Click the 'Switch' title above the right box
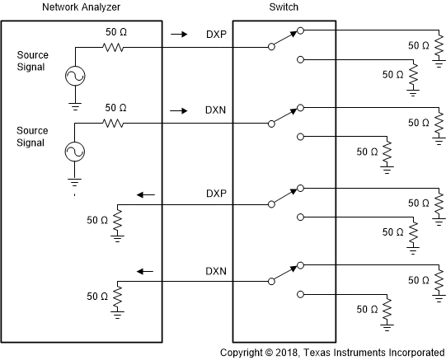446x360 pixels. [x=280, y=7]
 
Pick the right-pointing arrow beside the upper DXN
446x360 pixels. [x=176, y=110]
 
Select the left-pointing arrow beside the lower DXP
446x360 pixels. [x=146, y=194]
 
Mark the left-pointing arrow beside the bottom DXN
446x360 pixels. [x=146, y=270]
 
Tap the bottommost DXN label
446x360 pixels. [x=216, y=270]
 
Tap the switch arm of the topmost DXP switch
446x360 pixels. [x=284, y=40]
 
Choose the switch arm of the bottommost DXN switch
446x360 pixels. [x=284, y=272]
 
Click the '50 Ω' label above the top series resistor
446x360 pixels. [x=116, y=33]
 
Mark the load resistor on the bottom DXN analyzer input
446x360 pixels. [x=117, y=295]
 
